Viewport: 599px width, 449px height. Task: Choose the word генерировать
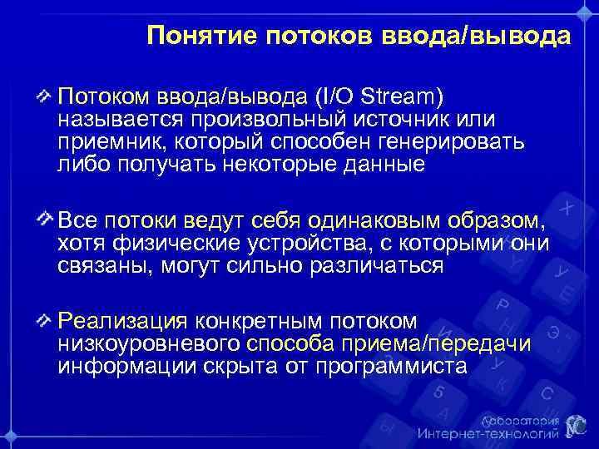click(x=451, y=142)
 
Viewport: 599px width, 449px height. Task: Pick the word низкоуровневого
click(x=149, y=344)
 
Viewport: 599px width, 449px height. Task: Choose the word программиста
click(x=396, y=366)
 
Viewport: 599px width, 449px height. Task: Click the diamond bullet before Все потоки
click(x=46, y=221)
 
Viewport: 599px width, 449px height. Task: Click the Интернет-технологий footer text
click(x=486, y=434)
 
